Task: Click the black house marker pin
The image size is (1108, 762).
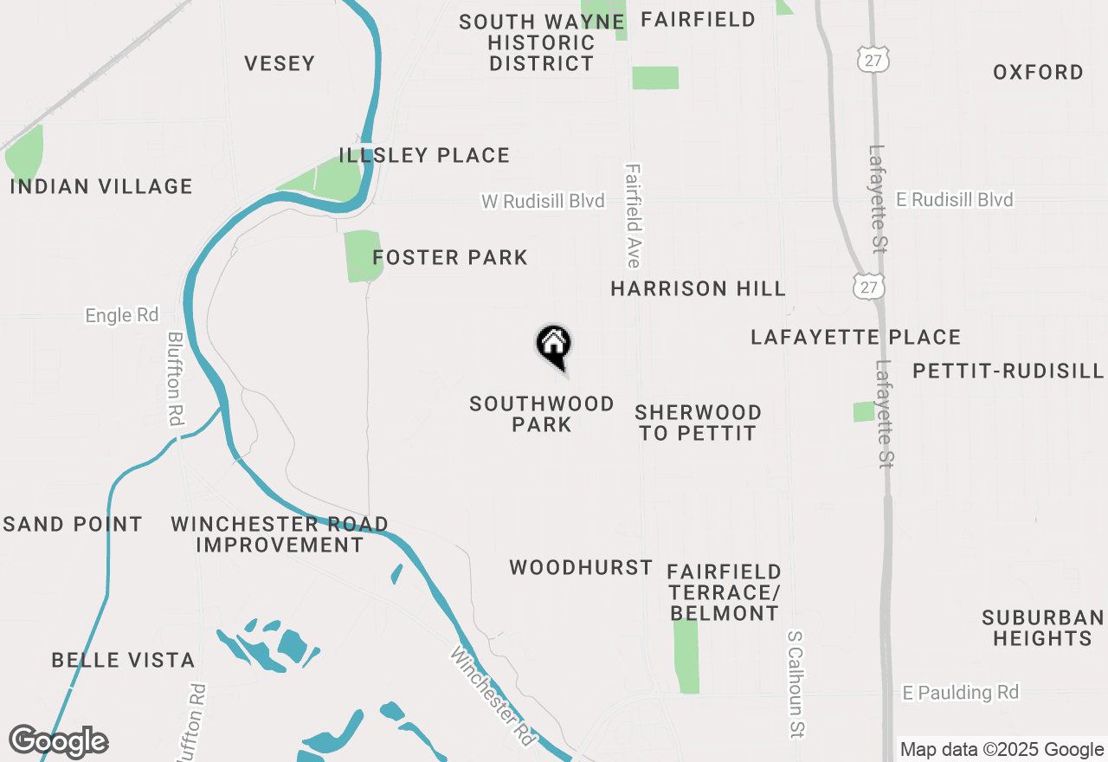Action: coord(554,345)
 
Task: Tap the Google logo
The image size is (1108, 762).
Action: coord(58,741)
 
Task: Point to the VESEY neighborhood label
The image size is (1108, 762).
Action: coord(280,63)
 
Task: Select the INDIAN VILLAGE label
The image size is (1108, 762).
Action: coord(101,186)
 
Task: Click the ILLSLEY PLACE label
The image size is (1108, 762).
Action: coord(424,156)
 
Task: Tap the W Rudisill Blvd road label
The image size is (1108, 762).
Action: coord(543,201)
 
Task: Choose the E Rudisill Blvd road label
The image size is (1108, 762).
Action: coord(954,200)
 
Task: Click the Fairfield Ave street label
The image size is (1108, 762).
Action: coord(633,216)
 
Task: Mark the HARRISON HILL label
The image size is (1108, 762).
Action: coord(698,288)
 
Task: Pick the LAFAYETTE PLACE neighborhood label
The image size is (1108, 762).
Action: coord(855,337)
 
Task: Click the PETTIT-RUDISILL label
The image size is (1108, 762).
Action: coord(1008,371)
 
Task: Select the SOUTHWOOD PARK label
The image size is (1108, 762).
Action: coord(542,414)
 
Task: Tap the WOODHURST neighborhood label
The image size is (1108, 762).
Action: coord(581,568)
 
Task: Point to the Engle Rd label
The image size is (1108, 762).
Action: coord(122,315)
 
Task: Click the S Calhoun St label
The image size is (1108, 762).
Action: coord(796,684)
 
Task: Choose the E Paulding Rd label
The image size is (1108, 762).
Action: coord(960,693)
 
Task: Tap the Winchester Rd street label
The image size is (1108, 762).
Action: coord(492,696)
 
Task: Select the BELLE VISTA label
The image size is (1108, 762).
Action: coord(123,660)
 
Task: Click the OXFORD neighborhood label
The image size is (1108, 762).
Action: coord(1038,72)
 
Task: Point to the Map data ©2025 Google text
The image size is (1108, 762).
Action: coord(1001,750)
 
